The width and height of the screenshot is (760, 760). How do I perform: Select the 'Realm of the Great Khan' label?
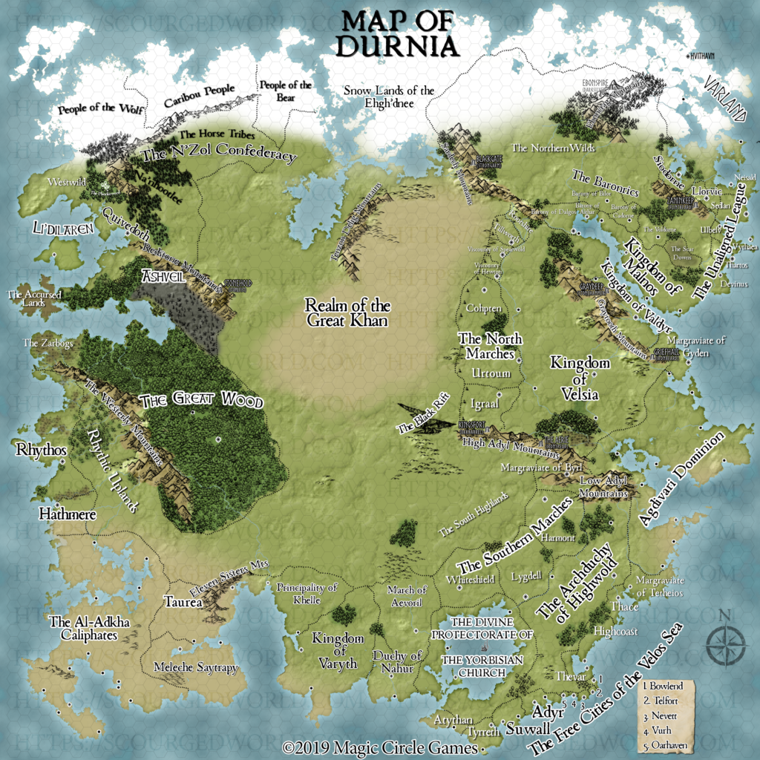pos(349,312)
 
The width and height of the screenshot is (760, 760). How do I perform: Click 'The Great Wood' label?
pos(201,401)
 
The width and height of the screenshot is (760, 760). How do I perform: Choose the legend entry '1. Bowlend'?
pos(663,687)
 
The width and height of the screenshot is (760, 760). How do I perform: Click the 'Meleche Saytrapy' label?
pos(196,668)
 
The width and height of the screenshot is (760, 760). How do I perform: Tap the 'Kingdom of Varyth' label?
pos(338,651)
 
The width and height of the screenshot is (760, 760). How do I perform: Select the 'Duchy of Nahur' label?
pos(397,661)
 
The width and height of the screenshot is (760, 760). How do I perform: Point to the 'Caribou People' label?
pos(199,96)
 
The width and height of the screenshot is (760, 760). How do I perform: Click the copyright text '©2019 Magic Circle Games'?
pos(380,747)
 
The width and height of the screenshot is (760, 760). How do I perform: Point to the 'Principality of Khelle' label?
pos(307,593)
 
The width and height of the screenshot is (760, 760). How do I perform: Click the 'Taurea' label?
pos(183,603)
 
